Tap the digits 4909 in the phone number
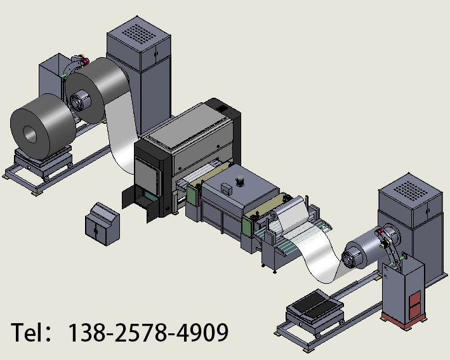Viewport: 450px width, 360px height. coord(202,332)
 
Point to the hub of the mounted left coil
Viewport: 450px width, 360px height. coord(80,100)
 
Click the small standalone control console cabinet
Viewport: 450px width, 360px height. coord(102,224)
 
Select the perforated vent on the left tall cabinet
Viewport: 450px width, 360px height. coord(139,33)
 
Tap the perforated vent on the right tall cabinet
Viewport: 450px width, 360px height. coord(411,190)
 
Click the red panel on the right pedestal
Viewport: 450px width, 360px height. coord(415,305)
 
